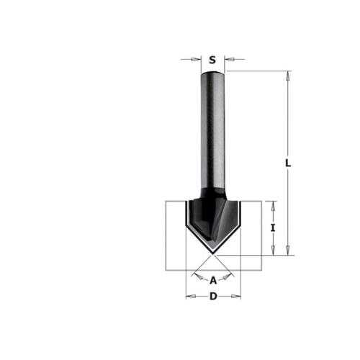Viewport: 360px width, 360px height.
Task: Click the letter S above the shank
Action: (x=212, y=60)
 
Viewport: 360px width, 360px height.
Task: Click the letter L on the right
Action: (x=288, y=163)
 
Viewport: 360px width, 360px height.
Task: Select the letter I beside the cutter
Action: (x=273, y=228)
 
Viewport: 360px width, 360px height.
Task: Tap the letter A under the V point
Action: (x=213, y=280)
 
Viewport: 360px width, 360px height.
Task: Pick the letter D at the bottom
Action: (x=213, y=297)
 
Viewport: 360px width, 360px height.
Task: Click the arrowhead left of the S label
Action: (x=196, y=59)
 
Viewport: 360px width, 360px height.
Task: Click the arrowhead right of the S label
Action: (x=230, y=59)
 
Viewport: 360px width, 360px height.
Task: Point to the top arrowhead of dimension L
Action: (x=288, y=76)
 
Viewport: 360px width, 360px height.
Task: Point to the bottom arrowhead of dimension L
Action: (x=288, y=251)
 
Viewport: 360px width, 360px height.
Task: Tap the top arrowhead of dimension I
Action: (x=273, y=206)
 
